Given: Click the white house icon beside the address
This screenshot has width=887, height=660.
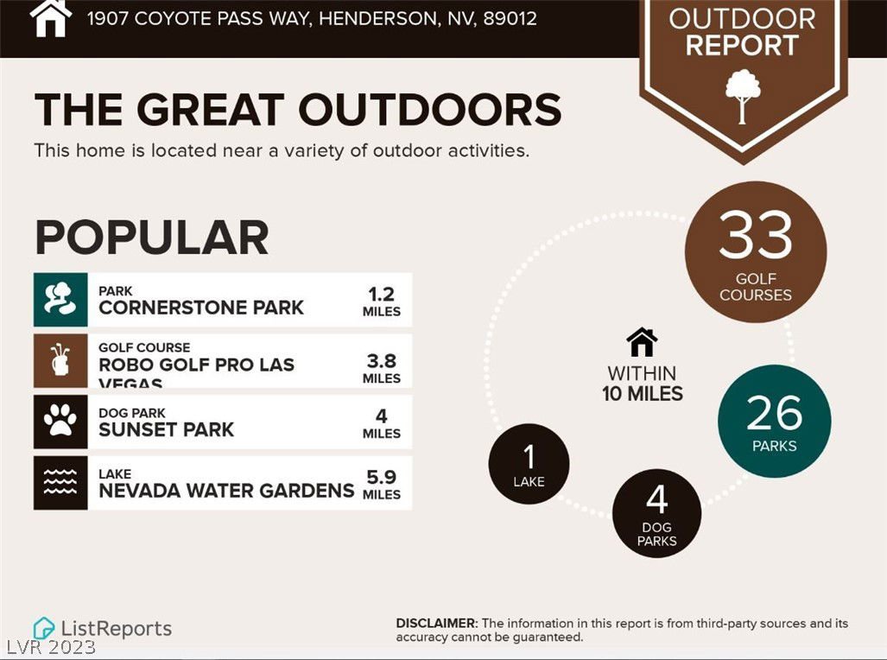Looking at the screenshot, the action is tap(51, 18).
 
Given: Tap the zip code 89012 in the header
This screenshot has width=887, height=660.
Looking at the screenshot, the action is tap(510, 19).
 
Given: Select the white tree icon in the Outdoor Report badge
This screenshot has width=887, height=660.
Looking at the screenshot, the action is tap(743, 96).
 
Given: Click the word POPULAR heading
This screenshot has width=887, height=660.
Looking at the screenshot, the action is tap(152, 238).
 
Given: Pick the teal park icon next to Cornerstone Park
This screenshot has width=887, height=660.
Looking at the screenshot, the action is tap(60, 300).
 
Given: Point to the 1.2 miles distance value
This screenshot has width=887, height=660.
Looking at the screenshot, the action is tap(381, 301).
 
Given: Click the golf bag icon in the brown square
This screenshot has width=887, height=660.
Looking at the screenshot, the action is tap(60, 360).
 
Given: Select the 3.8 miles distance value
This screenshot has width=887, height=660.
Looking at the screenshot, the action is tap(381, 369).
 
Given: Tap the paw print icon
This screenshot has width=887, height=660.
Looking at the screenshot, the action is tap(60, 421).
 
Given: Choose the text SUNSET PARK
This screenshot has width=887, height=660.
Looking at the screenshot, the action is tap(166, 429).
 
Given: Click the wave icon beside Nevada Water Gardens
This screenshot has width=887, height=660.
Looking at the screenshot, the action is tap(60, 482).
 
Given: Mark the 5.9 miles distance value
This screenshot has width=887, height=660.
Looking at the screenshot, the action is tap(381, 485).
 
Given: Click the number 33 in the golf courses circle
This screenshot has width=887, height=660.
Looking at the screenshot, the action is tap(755, 235).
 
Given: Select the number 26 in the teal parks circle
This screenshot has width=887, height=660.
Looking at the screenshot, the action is tap(774, 413).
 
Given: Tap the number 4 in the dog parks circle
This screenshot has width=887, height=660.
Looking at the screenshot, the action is tap(656, 500).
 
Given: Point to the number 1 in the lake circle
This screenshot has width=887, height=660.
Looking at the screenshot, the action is tap(529, 457).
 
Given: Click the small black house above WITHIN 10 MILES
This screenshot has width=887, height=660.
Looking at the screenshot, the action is tap(642, 342).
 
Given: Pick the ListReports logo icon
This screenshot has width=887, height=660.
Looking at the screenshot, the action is tap(43, 629).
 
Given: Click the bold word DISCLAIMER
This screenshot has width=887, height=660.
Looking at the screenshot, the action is tap(437, 623).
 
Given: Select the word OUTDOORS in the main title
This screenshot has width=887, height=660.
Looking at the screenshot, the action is tap(430, 109).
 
